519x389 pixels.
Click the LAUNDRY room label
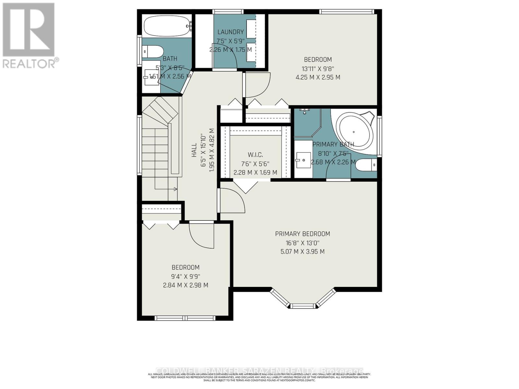tap(230, 32)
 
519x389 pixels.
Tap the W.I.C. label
tap(255, 155)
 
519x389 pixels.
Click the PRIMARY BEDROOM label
tap(302, 234)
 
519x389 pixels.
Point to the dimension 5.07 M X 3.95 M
tap(302, 252)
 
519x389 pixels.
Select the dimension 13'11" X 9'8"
tap(318, 68)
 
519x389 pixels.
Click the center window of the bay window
tap(302, 306)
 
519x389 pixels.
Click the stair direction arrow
tap(175, 189)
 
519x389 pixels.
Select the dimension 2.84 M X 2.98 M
tap(185, 285)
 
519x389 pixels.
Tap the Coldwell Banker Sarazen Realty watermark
tap(259, 371)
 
